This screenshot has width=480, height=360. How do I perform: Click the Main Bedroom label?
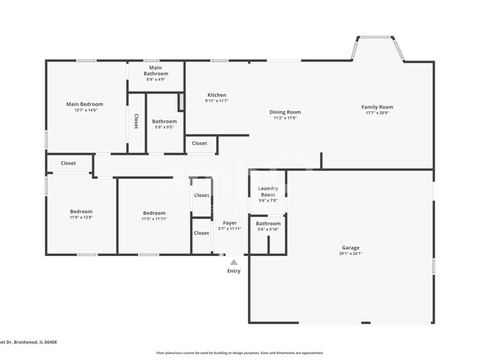tap(84, 104)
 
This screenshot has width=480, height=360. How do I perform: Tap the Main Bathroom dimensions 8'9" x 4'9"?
tap(156, 80)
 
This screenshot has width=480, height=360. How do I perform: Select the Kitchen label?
tap(216, 95)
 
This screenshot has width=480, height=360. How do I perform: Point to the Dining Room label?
tap(285, 112)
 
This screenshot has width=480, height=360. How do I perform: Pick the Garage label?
tap(351, 248)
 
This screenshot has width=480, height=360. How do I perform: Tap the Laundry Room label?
tap(268, 192)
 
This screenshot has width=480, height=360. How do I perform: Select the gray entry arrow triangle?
tap(234, 263)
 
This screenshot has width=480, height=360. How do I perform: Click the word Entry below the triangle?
tap(234, 271)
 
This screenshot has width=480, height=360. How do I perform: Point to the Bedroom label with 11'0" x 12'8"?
tap(81, 211)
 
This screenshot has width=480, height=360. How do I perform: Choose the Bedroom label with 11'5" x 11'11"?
tap(154, 213)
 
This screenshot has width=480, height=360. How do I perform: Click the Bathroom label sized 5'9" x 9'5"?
tap(164, 122)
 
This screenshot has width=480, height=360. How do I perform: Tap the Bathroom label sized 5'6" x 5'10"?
tap(268, 224)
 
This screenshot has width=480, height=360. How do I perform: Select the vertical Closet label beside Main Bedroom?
tap(136, 122)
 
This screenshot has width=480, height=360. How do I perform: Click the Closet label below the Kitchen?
tap(199, 144)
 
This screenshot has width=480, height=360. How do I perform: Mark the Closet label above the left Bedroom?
tap(68, 163)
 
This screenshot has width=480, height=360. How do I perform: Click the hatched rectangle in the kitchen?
tap(181, 102)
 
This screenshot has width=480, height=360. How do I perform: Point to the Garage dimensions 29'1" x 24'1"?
tap(351, 253)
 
